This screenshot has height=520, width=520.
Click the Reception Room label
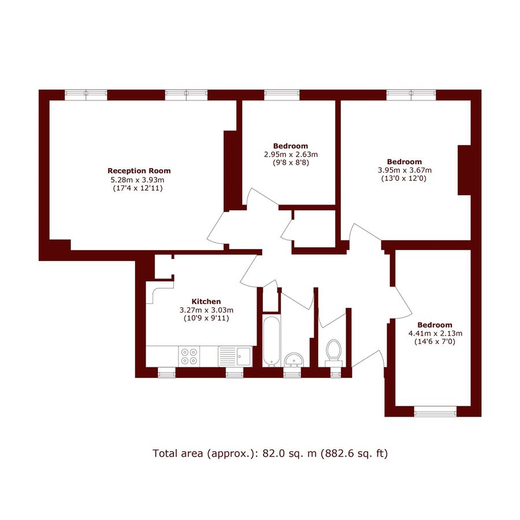pos(139,171)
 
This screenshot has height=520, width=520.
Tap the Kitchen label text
pos(206,302)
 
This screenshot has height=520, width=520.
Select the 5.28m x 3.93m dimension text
pos(139,180)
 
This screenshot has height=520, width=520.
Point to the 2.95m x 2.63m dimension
pos(291,154)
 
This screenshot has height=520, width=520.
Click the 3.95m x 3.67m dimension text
pos(404,170)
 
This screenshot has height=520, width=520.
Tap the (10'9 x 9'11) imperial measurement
pos(206,318)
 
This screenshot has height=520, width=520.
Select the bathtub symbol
pos(270,341)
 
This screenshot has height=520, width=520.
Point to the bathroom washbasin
pos(294,359)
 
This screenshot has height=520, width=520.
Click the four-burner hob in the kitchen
pos(188,355)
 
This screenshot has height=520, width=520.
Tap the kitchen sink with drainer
pos(235,355)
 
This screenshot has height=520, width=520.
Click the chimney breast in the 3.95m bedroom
pos(464,170)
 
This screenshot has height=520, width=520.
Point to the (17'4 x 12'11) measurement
pos(139,188)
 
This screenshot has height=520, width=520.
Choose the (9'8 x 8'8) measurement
pos(291,163)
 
